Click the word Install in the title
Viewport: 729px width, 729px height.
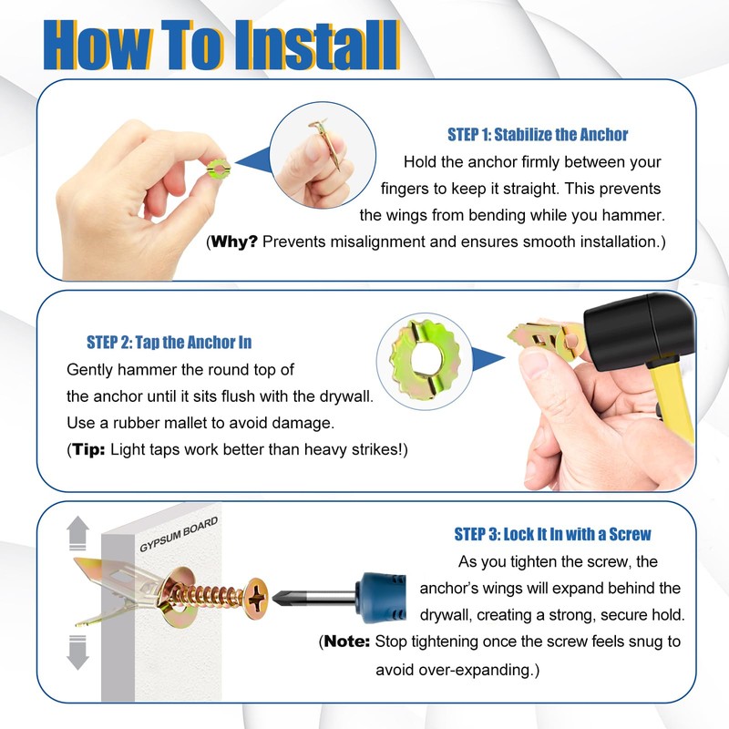pos(316,45)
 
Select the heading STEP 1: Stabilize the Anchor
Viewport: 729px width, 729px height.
pos(538,134)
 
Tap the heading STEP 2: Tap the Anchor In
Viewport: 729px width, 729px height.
pos(169,343)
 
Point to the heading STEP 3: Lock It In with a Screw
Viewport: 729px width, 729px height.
pos(552,534)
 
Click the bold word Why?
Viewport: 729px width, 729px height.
pos(234,241)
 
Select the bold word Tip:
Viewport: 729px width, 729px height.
pos(88,449)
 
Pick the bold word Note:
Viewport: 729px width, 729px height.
pos(347,642)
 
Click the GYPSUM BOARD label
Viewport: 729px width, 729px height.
pos(179,534)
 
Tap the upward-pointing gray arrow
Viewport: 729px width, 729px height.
pos(77,533)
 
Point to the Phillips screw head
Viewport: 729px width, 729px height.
pos(256,599)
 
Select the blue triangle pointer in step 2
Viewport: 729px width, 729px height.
pos(488,358)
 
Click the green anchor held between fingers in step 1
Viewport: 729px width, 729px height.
pos(218,168)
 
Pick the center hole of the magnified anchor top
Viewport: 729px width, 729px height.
pos(424,361)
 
